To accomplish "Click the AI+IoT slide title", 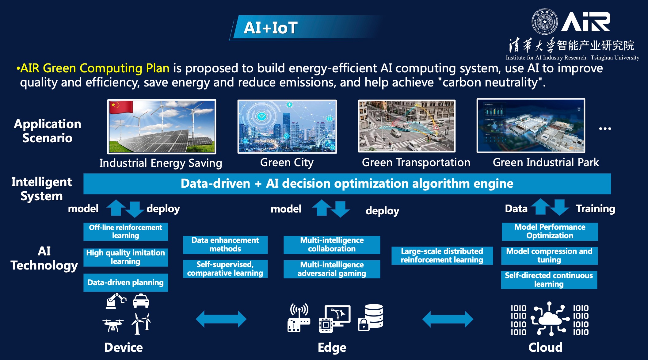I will point(270,28).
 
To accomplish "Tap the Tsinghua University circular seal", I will point(544,22).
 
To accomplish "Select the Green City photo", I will point(287,126).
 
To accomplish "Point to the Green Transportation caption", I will point(416,163).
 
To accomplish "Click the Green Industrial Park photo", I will point(531,126).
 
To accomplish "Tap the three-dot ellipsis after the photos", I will point(605,129).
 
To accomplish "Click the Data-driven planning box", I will point(126,282).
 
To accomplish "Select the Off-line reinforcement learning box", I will point(126,232).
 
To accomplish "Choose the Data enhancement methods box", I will point(225,245).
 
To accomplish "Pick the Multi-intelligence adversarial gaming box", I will point(332,269).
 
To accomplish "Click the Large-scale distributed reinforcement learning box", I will point(442,255).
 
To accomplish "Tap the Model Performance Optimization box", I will point(550,232).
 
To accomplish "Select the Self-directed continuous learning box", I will point(549,280).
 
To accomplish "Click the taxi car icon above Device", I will point(141,301).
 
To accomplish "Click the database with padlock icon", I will point(371,317).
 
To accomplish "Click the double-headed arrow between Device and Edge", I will point(221,319).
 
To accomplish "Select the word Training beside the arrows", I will point(595,209).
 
